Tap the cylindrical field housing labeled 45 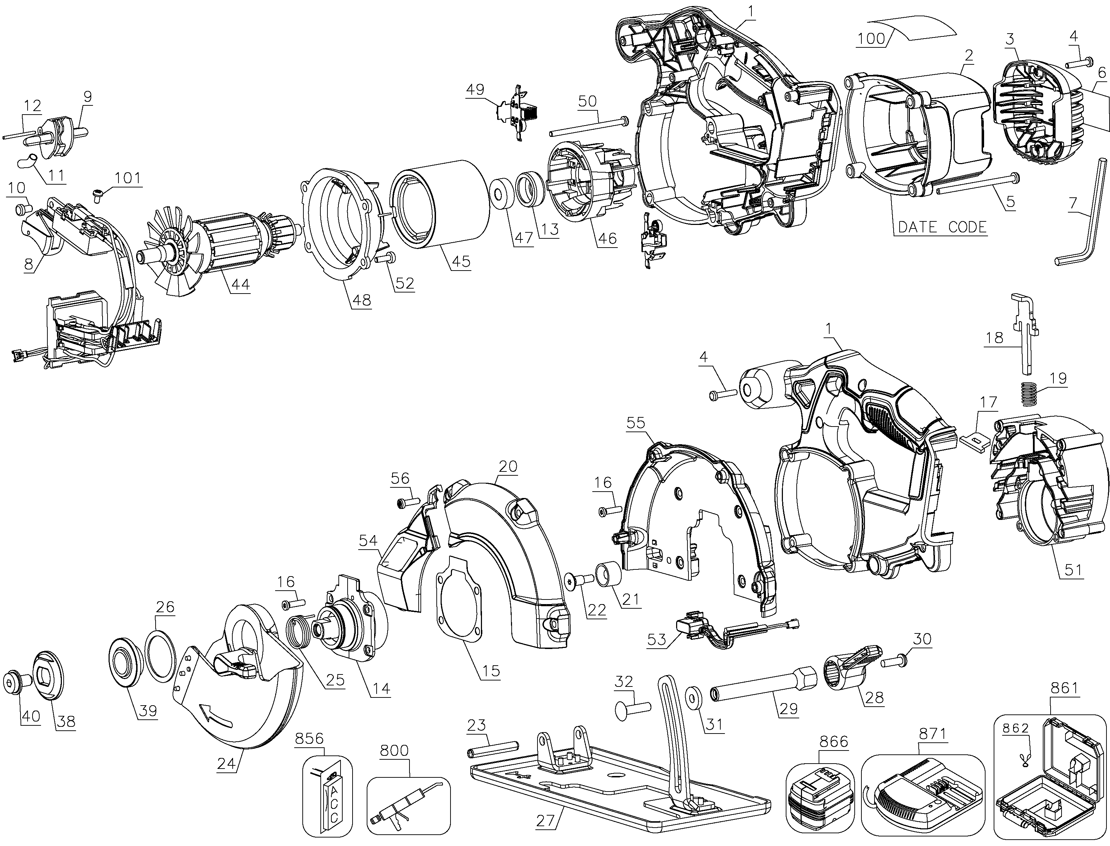[x=440, y=204]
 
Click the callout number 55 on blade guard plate [x=636, y=423]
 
